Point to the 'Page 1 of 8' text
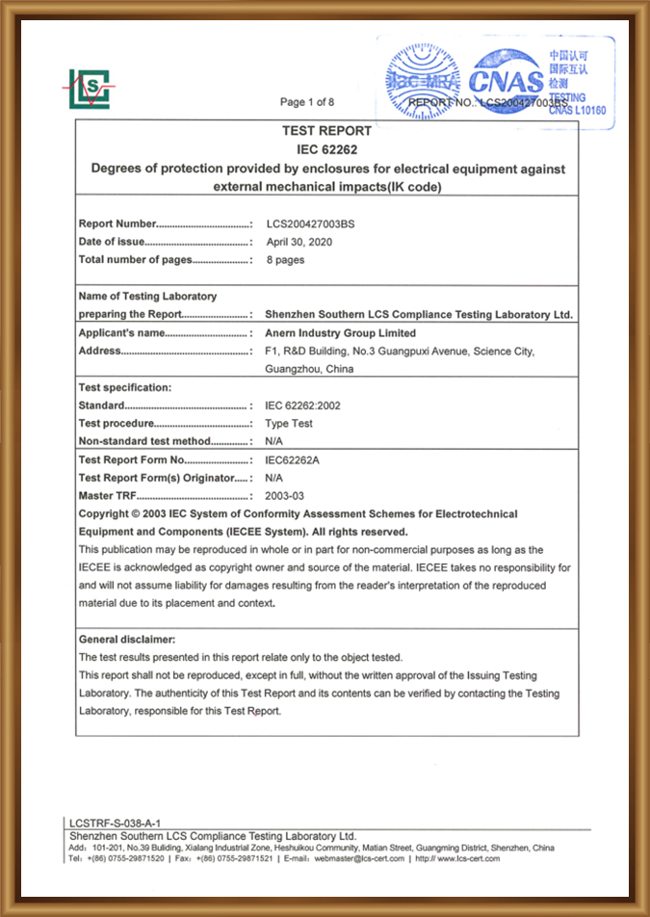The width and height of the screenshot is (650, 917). [307, 102]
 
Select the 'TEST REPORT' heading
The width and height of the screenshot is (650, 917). [326, 131]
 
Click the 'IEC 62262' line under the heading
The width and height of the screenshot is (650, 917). [326, 149]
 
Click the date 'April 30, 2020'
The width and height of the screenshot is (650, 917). [299, 242]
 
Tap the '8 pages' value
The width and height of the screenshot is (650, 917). [285, 260]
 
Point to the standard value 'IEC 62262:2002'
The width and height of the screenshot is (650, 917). [302, 406]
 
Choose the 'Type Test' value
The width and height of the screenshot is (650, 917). [289, 424]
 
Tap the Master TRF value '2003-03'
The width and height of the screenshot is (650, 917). [284, 495]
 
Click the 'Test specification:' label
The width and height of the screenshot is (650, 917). [125, 387]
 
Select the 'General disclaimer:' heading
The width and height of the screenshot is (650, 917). [127, 639]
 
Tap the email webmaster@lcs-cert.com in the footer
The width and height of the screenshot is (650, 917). [359, 859]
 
